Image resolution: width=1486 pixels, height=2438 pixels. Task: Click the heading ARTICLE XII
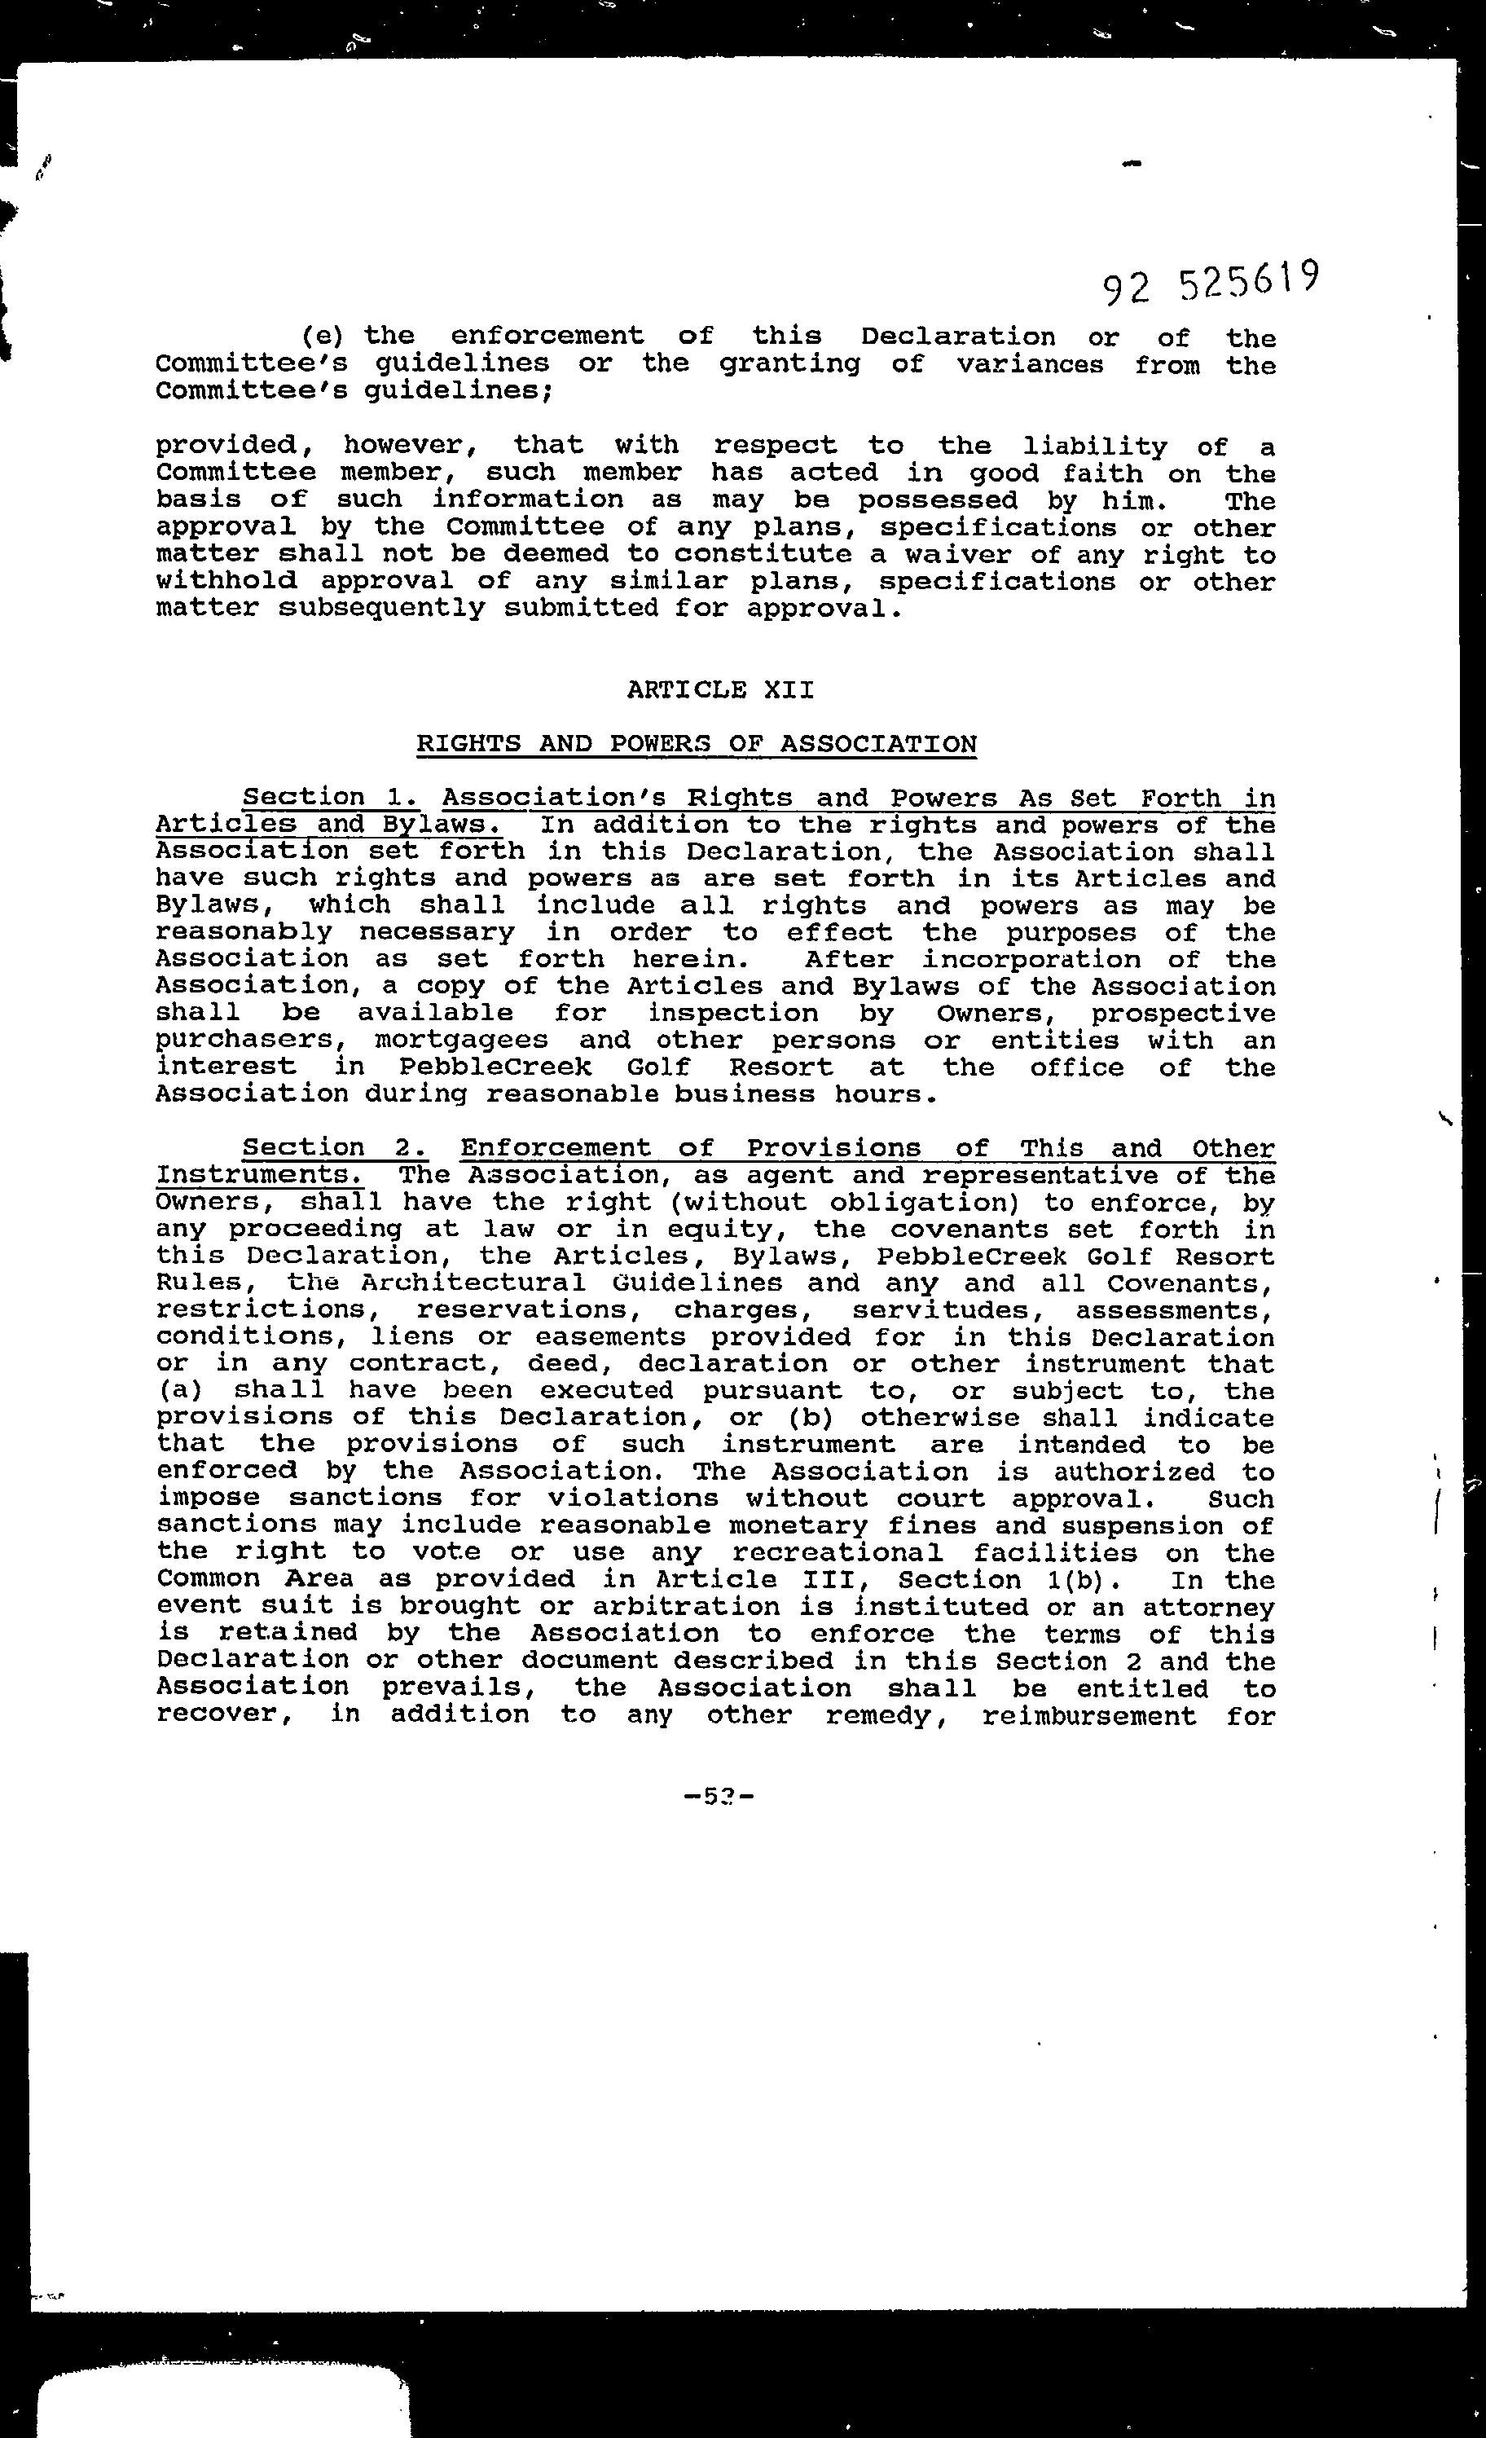[x=720, y=689]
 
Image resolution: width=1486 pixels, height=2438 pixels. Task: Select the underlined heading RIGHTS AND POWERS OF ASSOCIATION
[x=696, y=744]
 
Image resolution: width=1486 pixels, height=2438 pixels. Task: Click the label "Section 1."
[x=332, y=798]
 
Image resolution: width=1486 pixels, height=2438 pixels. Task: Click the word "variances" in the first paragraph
[x=1029, y=364]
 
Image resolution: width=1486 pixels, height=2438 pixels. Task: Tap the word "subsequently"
[x=382, y=609]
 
